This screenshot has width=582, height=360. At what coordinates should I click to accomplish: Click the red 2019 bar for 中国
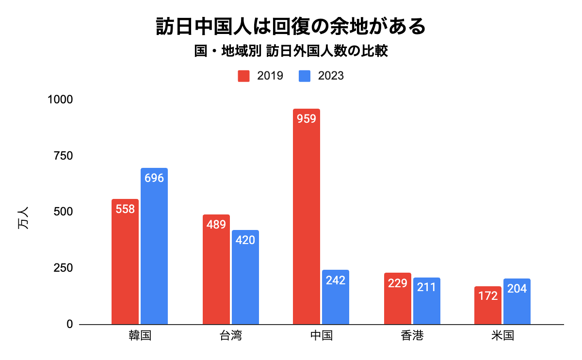pyautogui.click(x=307, y=218)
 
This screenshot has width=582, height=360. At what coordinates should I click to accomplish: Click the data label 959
pyautogui.click(x=307, y=118)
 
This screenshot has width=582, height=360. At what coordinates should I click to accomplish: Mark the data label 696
pyautogui.click(x=154, y=178)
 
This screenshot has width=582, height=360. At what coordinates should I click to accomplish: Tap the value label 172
pyautogui.click(x=488, y=295)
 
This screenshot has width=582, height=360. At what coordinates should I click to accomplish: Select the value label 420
pyautogui.click(x=245, y=240)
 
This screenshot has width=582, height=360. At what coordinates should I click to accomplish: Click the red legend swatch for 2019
pyautogui.click(x=243, y=76)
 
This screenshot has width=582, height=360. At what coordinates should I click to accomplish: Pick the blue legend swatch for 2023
pyautogui.click(x=305, y=76)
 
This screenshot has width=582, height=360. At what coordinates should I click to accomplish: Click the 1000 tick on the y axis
pyautogui.click(x=60, y=99)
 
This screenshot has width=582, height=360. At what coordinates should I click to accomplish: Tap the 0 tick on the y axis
pyautogui.click(x=69, y=324)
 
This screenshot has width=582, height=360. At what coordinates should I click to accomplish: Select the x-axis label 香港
pyautogui.click(x=412, y=336)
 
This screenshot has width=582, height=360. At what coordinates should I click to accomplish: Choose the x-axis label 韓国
pyautogui.click(x=140, y=336)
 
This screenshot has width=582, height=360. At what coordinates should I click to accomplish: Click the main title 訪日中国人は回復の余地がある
pyautogui.click(x=291, y=27)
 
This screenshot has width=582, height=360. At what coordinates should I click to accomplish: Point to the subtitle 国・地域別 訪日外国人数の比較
pyautogui.click(x=291, y=51)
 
